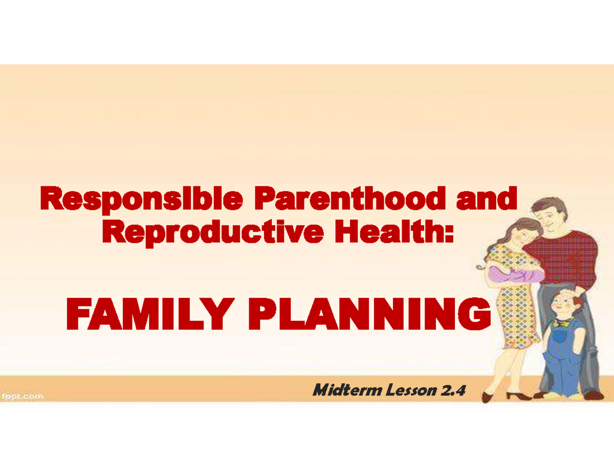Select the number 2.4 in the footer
453,391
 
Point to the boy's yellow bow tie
563,323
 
